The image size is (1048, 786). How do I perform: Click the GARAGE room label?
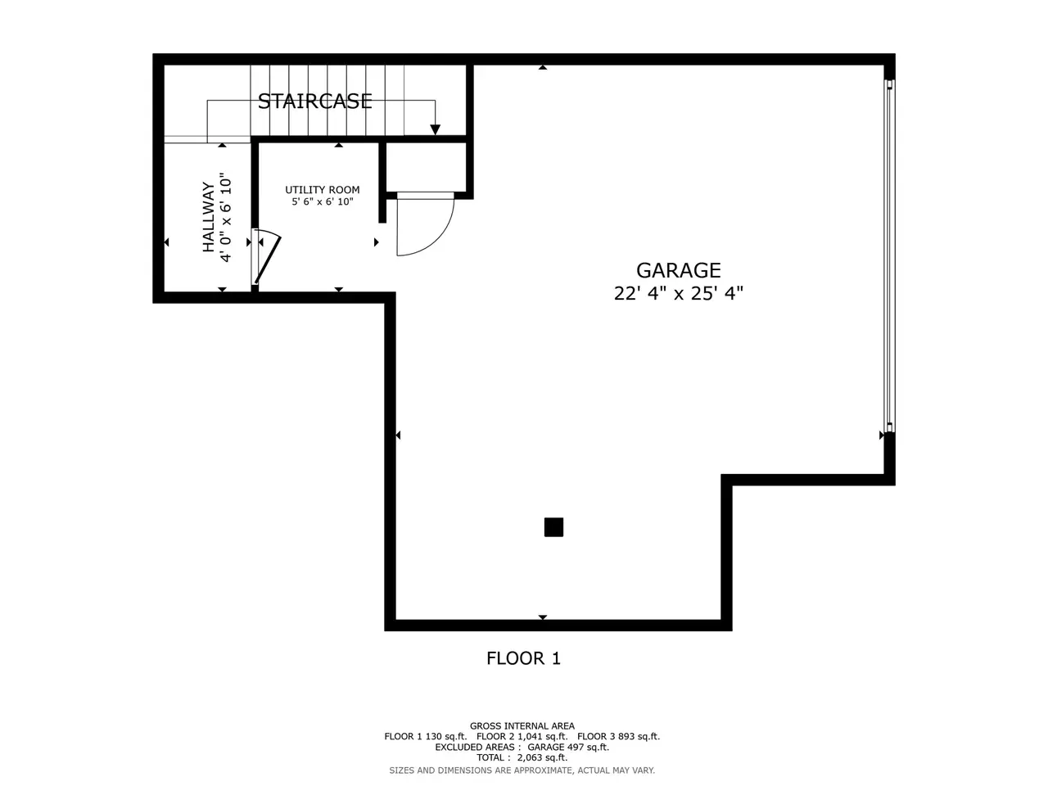pyautogui.click(x=678, y=270)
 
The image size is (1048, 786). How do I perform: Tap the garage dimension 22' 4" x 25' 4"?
pyautogui.click(x=678, y=293)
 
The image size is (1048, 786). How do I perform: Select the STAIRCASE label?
pyautogui.click(x=314, y=102)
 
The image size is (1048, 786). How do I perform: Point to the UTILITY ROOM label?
pyautogui.click(x=323, y=190)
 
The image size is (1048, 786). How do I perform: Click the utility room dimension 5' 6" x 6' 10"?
pyautogui.click(x=323, y=202)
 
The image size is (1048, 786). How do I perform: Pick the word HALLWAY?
pyautogui.click(x=209, y=217)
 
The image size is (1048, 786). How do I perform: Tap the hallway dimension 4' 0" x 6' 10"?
pyautogui.click(x=225, y=218)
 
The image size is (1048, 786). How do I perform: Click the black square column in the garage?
pyautogui.click(x=553, y=527)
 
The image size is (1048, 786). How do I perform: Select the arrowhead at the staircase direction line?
pyautogui.click(x=435, y=129)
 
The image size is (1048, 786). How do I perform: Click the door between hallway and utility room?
pyautogui.click(x=266, y=257)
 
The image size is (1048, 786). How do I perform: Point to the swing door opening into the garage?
pyautogui.click(x=424, y=224)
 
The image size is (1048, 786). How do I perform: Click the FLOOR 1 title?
pyautogui.click(x=523, y=658)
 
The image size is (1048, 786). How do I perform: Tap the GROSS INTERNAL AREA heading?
pyautogui.click(x=522, y=726)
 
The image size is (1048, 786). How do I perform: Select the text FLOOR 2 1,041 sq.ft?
pyautogui.click(x=522, y=737)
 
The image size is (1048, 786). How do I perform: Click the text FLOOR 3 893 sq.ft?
pyautogui.click(x=619, y=737)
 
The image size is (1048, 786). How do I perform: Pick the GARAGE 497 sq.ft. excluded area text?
pyautogui.click(x=568, y=748)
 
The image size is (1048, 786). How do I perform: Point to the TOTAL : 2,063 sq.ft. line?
pyautogui.click(x=522, y=758)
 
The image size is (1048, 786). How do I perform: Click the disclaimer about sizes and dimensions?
pyautogui.click(x=522, y=770)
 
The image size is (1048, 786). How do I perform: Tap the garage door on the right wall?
pyautogui.click(x=889, y=255)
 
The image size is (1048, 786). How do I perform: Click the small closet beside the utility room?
pyautogui.click(x=426, y=167)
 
